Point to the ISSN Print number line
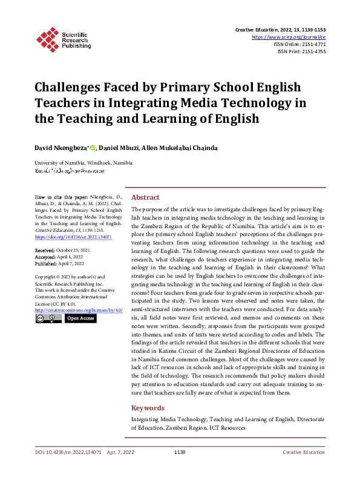pyautogui.click(x=301, y=51)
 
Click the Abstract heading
pyautogui.click(x=145, y=197)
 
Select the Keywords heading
pyautogui.click(x=148, y=408)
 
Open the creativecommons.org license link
pyautogui.click(x=79, y=310)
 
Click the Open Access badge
pyautogui.click(x=80, y=318)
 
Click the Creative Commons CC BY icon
pyautogui.click(x=48, y=318)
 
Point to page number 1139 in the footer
pyautogui.click(x=179, y=452)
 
